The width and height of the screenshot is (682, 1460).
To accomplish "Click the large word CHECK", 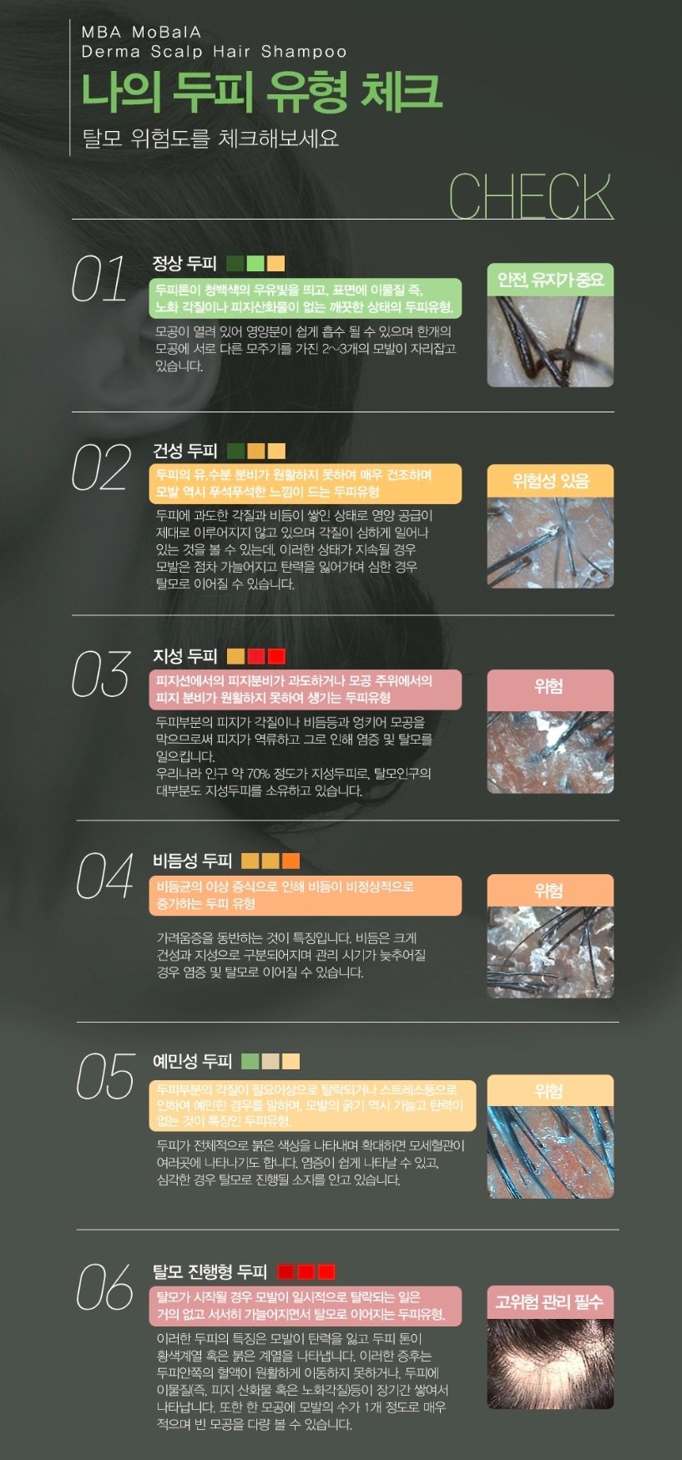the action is (x=531, y=196).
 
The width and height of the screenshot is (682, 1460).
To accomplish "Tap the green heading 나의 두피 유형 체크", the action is (x=261, y=92).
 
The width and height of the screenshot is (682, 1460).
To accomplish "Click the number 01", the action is (x=99, y=279).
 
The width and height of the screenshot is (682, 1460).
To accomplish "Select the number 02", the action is (x=101, y=467).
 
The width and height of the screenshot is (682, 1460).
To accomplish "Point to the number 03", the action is (x=101, y=674).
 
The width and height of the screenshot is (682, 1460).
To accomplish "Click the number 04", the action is (x=105, y=876).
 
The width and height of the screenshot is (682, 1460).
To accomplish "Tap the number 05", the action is (x=105, y=1076).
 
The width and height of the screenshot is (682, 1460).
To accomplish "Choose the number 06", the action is (x=105, y=1286).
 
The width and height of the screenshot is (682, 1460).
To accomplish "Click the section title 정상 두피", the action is (x=184, y=264).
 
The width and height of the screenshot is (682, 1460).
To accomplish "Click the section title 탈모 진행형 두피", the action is (x=210, y=1271).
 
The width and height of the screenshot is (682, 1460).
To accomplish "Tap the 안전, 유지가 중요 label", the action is (x=550, y=280).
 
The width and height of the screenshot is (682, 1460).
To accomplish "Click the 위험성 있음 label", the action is (x=550, y=481).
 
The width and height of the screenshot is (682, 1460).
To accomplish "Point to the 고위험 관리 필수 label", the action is (x=550, y=1302).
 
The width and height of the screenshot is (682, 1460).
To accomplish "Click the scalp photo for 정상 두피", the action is (x=550, y=341).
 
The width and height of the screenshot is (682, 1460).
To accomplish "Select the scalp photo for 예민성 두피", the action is (x=550, y=1152).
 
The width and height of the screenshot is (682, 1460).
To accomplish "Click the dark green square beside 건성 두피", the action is (x=235, y=452).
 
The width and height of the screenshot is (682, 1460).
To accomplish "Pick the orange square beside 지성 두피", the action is (x=235, y=656).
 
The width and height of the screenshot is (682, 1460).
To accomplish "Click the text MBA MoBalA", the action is (x=142, y=33).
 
